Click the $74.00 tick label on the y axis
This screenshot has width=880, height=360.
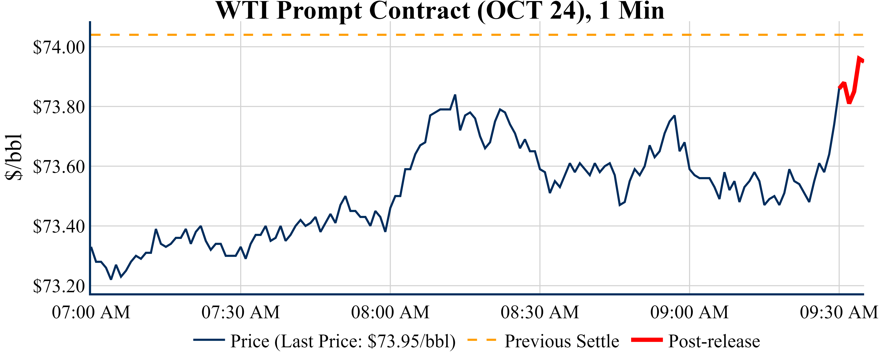59,47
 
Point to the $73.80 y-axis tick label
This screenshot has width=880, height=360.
59,107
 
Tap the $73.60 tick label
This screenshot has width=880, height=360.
59,167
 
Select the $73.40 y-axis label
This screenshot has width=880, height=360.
59,226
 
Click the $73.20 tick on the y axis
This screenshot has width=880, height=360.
59,286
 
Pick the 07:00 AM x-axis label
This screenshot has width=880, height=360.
91,312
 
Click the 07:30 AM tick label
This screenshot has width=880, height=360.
241,312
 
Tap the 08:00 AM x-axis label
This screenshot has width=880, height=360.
390,312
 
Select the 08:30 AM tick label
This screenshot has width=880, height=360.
540,312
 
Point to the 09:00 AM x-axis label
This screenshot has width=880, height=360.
689,312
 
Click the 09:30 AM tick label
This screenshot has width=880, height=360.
839,312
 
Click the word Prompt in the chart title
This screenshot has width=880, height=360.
319,11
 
